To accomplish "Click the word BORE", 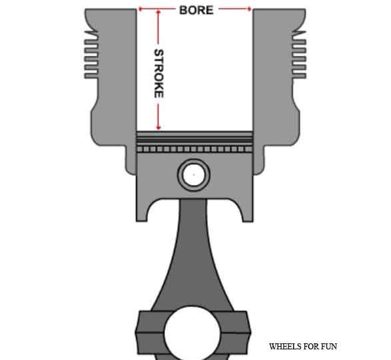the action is [x=196, y=10].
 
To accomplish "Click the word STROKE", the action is [x=159, y=73].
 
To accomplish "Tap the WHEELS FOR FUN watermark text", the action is [x=303, y=346].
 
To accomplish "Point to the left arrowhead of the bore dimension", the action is [x=140, y=9].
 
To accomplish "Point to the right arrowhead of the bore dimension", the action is [x=249, y=9].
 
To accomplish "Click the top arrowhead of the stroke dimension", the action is [x=158, y=12].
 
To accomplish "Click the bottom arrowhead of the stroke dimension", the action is [x=159, y=128].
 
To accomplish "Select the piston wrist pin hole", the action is [x=194, y=174].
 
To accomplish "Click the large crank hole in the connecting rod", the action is [x=193, y=333].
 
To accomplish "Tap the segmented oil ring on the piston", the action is [x=195, y=149].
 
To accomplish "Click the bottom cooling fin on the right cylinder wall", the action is [x=299, y=76].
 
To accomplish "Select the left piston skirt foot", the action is [x=142, y=214].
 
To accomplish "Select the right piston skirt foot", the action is [x=248, y=214].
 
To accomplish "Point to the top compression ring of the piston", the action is [x=195, y=134].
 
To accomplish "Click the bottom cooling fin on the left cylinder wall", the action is [x=91, y=76].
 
